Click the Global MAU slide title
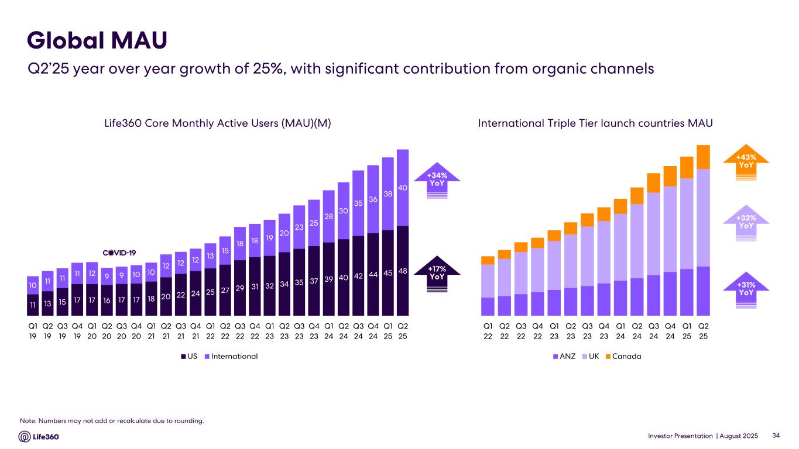click(97, 40)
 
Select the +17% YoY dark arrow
click(437, 273)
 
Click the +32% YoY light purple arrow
click(746, 222)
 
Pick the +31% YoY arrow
click(746, 289)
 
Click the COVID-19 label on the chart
click(119, 253)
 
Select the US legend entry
click(190, 356)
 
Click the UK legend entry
click(593, 356)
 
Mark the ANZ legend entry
click(564, 356)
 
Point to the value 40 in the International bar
click(403, 188)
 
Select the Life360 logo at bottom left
click(39, 436)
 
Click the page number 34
click(777, 436)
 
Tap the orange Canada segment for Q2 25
click(703, 157)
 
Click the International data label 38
click(388, 194)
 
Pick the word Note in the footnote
click(28, 421)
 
